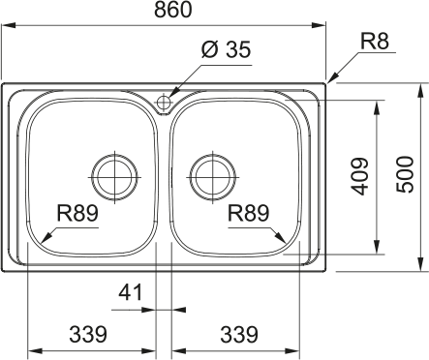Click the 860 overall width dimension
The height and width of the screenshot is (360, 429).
point(173,10)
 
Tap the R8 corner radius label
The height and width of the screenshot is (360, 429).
point(375,42)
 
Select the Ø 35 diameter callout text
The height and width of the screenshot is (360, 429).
point(226,49)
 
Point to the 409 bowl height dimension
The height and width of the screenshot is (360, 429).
point(359,176)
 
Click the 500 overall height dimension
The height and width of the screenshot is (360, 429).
point(405,174)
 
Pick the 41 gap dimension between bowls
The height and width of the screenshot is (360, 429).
point(131,292)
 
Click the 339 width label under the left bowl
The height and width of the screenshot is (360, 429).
point(88,334)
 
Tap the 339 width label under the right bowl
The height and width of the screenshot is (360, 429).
point(239,334)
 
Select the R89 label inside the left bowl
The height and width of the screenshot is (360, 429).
point(77,213)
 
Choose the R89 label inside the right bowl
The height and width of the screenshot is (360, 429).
point(248,213)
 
